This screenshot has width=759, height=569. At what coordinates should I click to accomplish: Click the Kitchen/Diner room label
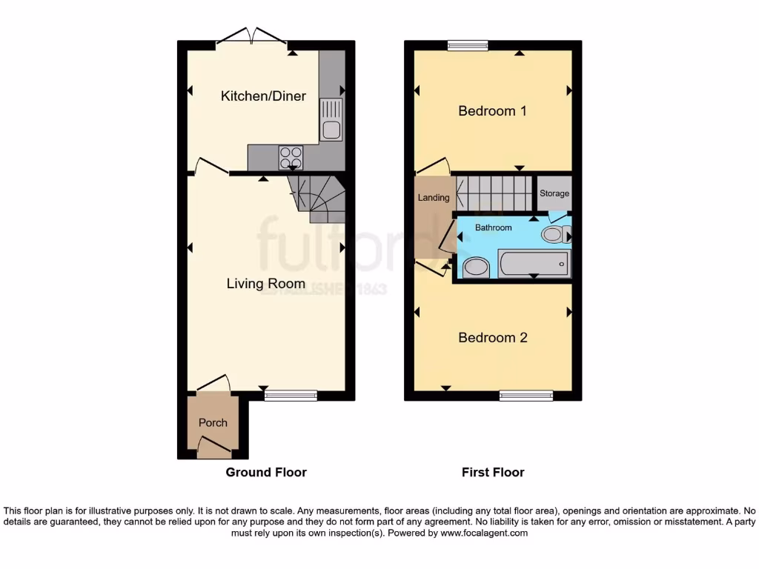[263, 96]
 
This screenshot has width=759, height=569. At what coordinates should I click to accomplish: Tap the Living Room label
[265, 284]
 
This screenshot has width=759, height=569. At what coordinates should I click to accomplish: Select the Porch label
[213, 422]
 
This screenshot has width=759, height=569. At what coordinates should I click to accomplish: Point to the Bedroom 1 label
[492, 111]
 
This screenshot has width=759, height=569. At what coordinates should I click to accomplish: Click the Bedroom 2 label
[492, 338]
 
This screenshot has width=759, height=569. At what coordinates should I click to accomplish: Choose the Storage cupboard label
[554, 193]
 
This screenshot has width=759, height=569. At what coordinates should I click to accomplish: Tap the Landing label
[434, 198]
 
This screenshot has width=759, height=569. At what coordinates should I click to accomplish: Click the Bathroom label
[493, 227]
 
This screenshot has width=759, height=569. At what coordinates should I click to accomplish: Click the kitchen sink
[331, 130]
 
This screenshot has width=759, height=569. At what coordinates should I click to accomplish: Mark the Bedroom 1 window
[468, 45]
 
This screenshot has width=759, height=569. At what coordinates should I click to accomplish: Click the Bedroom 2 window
[526, 396]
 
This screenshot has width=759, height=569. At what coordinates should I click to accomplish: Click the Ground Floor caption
[266, 472]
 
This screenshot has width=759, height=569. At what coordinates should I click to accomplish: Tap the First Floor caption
[493, 472]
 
